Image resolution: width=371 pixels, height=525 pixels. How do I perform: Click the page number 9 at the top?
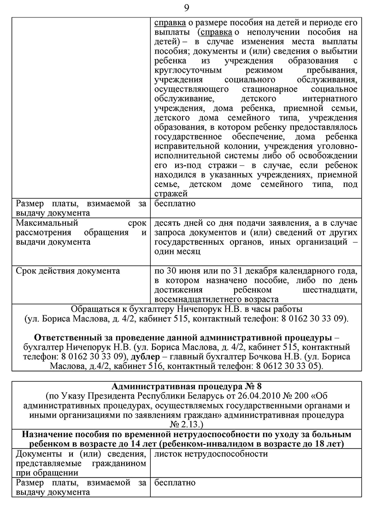click(x=186, y=8)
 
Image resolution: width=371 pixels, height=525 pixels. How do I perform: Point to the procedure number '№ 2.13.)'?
click(x=186, y=424)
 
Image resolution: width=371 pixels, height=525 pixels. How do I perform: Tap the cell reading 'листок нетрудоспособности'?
click(x=211, y=454)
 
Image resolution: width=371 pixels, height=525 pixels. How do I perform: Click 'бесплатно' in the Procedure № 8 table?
click(x=175, y=483)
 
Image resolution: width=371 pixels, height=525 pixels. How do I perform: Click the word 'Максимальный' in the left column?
click(x=43, y=223)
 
